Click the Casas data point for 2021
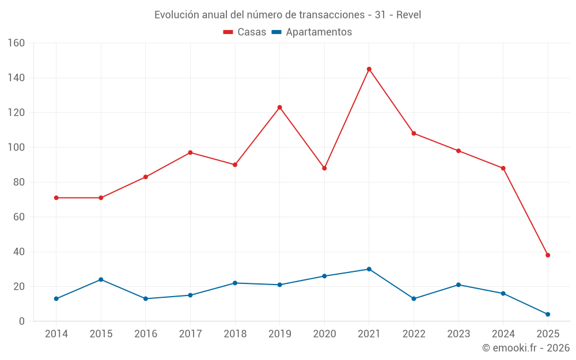[369, 69]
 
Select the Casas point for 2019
[280, 107]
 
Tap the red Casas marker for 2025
[548, 255]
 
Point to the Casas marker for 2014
[56, 198]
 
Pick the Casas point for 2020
[324, 168]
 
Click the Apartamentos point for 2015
[101, 279]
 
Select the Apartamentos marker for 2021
[369, 269]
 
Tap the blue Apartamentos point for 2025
[548, 314]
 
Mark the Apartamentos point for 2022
[414, 298]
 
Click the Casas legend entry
[245, 32]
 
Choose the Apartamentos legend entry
[312, 32]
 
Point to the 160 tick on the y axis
[16, 43]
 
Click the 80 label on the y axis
[19, 182]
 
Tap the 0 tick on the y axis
[22, 321]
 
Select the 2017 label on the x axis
[190, 334]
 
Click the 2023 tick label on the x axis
[458, 334]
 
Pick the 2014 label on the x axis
[56, 334]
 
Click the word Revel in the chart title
[408, 14]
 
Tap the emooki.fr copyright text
[525, 348]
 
